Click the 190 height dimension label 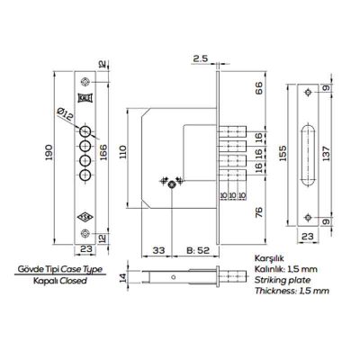(49, 152)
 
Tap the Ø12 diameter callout (65, 114)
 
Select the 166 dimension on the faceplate (103, 152)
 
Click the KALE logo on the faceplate (85, 98)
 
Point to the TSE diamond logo (85, 217)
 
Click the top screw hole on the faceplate (85, 82)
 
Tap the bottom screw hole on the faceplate (85, 233)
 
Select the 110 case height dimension (123, 152)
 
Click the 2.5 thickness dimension (200, 58)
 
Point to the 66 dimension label (258, 87)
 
